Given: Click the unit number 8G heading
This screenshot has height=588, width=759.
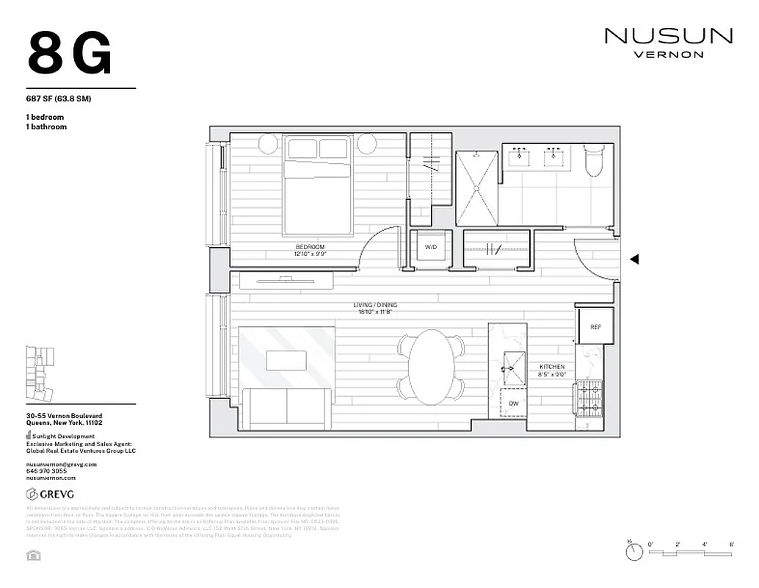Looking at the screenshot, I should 70,54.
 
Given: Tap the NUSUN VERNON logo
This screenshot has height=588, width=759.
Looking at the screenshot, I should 668,41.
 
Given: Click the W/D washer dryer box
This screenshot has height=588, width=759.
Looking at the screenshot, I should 431,248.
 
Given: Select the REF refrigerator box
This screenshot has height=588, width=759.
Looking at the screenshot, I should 595,326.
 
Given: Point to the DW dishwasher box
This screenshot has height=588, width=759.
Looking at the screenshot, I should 514,404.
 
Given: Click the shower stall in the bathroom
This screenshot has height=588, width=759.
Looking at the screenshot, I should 477,188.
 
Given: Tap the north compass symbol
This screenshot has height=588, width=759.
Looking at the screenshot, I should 631,549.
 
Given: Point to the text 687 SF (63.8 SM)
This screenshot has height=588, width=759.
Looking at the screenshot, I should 58,98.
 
